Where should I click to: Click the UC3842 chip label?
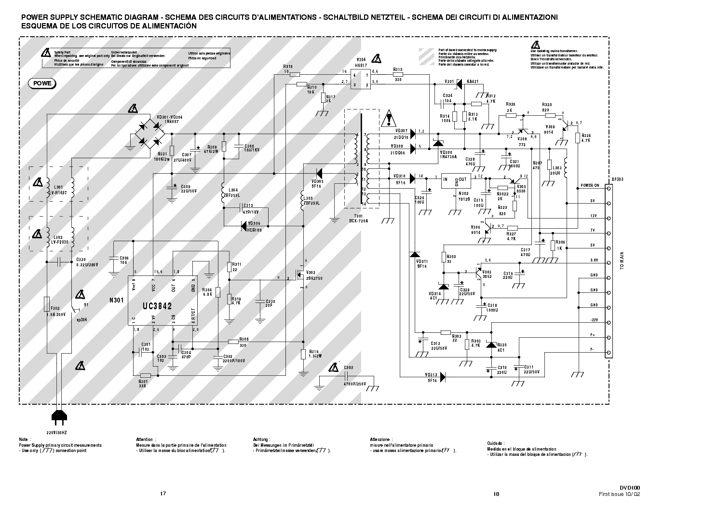[x=157, y=306]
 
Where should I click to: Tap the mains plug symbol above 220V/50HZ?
[x=56, y=415]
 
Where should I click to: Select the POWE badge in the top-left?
[x=42, y=83]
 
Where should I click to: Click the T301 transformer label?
[x=358, y=216]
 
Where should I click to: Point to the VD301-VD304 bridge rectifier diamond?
[x=149, y=134]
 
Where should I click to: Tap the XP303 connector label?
[x=617, y=178]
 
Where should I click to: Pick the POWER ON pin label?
[x=589, y=185]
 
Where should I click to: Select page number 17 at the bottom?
[x=163, y=494]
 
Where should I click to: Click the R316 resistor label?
[x=314, y=351]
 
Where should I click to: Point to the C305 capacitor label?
[x=349, y=368]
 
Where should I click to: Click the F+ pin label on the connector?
[x=593, y=335]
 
